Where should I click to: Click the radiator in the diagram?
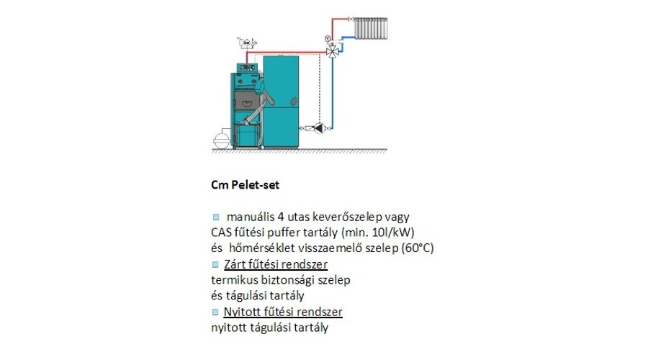pyautogui.click(x=371, y=28)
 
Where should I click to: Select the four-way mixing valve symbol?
pyautogui.click(x=332, y=52)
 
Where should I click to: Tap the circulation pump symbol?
pyautogui.click(x=319, y=128)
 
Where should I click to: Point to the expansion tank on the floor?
pyautogui.click(x=221, y=138)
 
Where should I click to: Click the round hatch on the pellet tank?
pyautogui.click(x=294, y=100)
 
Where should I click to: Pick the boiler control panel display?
pyautogui.click(x=247, y=67)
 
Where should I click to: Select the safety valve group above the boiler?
pyautogui.click(x=247, y=42)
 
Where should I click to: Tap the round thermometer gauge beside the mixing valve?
pyautogui.click(x=328, y=39)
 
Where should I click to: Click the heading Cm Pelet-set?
pyautogui.click(x=245, y=185)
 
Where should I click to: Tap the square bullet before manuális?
pyautogui.click(x=216, y=217)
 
